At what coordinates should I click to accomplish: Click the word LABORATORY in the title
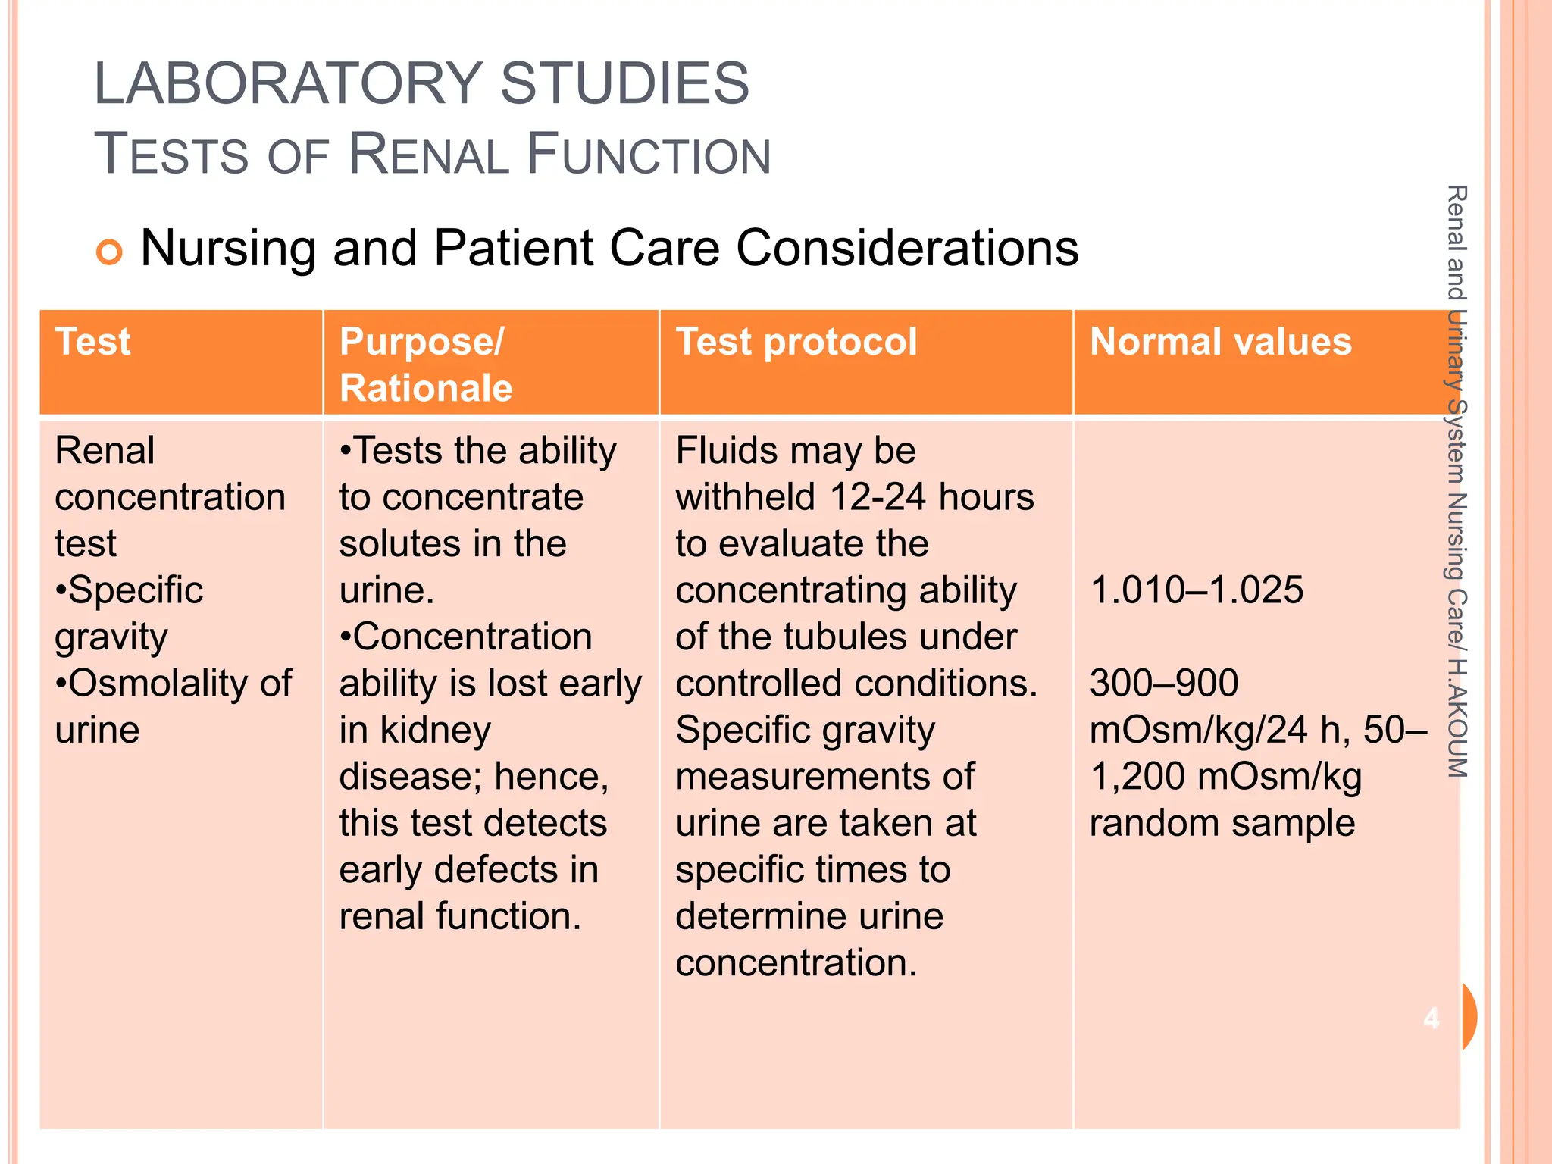pyautogui.click(x=288, y=83)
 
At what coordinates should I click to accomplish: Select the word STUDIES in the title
pyautogui.click(x=624, y=83)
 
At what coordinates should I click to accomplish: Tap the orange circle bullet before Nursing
pyautogui.click(x=109, y=252)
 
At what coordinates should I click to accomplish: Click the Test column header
pyautogui.click(x=92, y=342)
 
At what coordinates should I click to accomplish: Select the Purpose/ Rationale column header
pyautogui.click(x=426, y=365)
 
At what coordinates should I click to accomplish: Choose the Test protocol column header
pyautogui.click(x=796, y=342)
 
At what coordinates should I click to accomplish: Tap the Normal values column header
pyautogui.click(x=1220, y=342)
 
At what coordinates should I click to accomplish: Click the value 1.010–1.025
pyautogui.click(x=1196, y=590)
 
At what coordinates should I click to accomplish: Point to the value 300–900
pyautogui.click(x=1163, y=684)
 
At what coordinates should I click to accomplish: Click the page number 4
pyautogui.click(x=1431, y=1018)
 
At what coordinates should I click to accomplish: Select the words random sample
pyautogui.click(x=1222, y=823)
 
